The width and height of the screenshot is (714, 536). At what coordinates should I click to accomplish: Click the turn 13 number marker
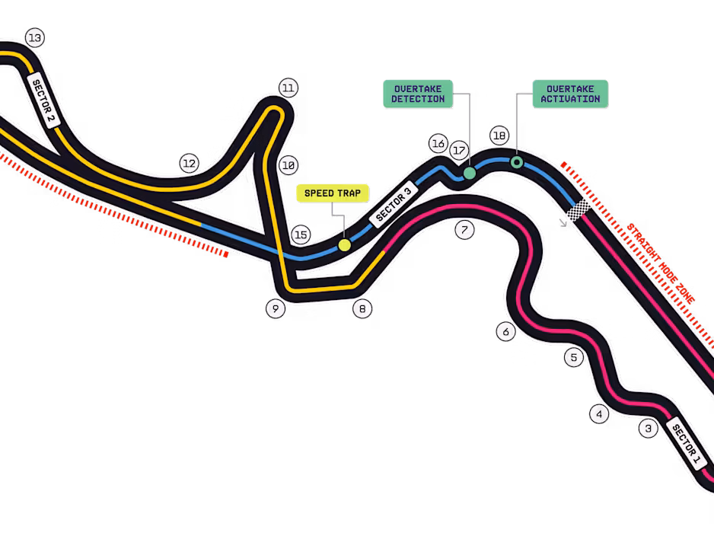click(x=34, y=37)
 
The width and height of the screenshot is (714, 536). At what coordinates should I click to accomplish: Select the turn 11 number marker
click(x=288, y=88)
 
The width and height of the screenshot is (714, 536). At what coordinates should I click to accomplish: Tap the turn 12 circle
click(x=189, y=163)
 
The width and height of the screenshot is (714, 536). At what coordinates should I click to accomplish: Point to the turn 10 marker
click(x=288, y=164)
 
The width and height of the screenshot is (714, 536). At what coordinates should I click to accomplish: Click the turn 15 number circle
click(x=301, y=234)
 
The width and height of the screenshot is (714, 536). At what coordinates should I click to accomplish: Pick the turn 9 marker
click(x=276, y=308)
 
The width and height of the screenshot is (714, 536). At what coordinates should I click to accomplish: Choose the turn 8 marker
click(x=362, y=308)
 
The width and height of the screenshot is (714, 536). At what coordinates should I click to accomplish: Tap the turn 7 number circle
click(x=465, y=229)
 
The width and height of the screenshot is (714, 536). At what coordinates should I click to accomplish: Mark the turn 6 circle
click(x=506, y=331)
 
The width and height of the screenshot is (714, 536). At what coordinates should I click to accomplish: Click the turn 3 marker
click(x=649, y=429)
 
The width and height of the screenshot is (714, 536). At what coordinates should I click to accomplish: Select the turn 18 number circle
click(x=499, y=136)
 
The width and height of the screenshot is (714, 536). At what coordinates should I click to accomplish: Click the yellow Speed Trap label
click(x=332, y=193)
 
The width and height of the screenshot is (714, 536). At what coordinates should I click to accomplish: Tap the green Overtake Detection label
click(x=417, y=94)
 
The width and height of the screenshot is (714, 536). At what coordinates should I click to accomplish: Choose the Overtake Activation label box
click(x=570, y=94)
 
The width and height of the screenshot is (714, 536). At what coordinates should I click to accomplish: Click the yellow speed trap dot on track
click(x=345, y=245)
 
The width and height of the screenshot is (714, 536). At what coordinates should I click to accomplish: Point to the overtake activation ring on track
click(x=517, y=162)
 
